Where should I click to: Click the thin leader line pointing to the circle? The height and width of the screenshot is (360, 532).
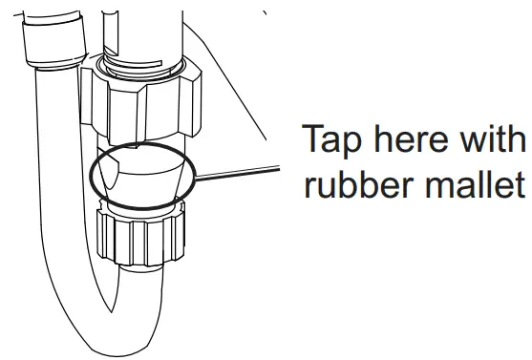point(239,171)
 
